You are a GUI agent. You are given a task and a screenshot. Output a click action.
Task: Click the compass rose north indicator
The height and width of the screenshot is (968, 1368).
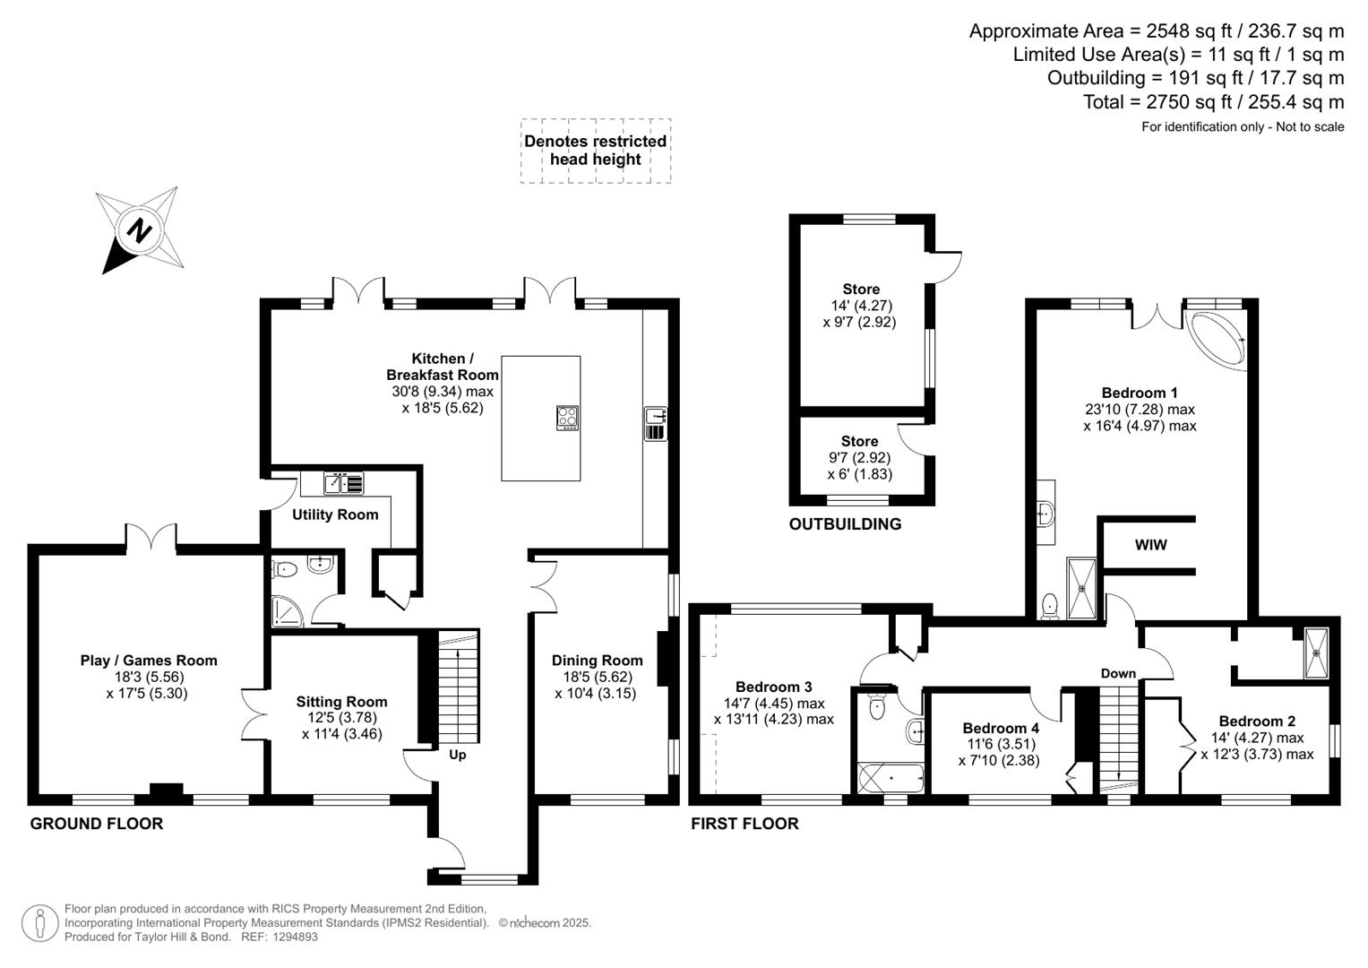pyautogui.click(x=138, y=230)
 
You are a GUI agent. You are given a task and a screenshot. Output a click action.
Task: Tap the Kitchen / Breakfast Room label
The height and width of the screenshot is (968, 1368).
pyautogui.click(x=442, y=367)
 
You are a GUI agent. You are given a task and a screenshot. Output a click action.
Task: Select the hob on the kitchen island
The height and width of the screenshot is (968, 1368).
pyautogui.click(x=567, y=418)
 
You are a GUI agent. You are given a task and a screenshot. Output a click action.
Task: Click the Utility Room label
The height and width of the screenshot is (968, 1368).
pyautogui.click(x=335, y=514)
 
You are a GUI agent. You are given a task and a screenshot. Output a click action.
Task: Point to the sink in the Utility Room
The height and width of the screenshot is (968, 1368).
pyautogui.click(x=343, y=483)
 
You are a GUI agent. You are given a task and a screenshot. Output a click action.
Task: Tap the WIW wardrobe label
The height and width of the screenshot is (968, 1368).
pyautogui.click(x=1150, y=545)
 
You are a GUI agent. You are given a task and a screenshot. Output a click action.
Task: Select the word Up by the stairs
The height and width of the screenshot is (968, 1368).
pyautogui.click(x=457, y=755)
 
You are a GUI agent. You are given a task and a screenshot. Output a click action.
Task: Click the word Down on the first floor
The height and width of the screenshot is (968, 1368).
pyautogui.click(x=1118, y=673)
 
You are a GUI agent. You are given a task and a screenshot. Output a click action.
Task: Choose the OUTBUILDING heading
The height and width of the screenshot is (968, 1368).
pyautogui.click(x=845, y=524)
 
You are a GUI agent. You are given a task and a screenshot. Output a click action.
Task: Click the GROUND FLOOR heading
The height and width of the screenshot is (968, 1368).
pyautogui.click(x=97, y=824)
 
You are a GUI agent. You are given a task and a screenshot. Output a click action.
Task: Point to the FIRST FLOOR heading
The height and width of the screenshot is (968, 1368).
pyautogui.click(x=744, y=824)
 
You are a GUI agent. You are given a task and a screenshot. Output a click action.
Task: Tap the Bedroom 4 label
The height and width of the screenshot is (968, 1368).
pyautogui.click(x=1001, y=728)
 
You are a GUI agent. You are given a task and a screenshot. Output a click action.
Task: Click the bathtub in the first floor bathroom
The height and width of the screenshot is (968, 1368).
pyautogui.click(x=890, y=778)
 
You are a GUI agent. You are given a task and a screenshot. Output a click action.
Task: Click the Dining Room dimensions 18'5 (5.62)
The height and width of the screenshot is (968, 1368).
pyautogui.click(x=597, y=677)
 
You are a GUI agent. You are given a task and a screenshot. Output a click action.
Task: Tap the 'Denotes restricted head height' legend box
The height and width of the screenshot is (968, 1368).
pyautogui.click(x=596, y=151)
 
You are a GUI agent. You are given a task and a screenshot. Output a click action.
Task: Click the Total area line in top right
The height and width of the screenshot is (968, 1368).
pyautogui.click(x=1213, y=102)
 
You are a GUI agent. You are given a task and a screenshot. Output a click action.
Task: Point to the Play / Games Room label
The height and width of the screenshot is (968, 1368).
pyautogui.click(x=149, y=661)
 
